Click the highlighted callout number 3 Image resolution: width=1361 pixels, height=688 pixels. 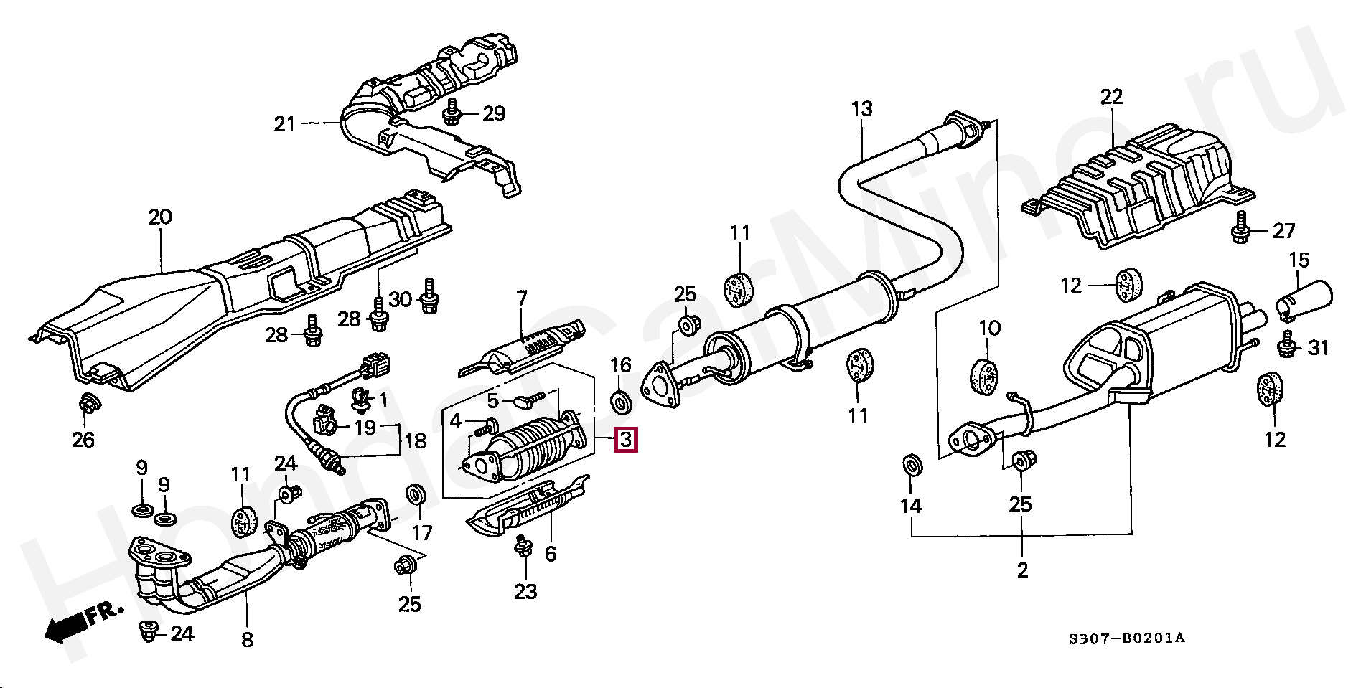626,439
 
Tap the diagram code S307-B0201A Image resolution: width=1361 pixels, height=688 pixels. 1126,638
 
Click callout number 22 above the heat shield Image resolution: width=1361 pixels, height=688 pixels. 1111,97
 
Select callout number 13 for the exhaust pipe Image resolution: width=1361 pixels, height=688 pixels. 861,109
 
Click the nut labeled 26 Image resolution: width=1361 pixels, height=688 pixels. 88,405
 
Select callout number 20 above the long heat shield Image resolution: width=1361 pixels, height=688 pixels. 160,217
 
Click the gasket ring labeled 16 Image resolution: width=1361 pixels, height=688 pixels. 621,402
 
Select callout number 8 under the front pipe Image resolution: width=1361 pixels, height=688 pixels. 247,639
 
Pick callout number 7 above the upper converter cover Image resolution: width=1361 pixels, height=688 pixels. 522,298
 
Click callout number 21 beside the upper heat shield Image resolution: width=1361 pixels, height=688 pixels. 284,124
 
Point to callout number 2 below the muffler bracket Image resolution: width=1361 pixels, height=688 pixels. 1022,570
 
